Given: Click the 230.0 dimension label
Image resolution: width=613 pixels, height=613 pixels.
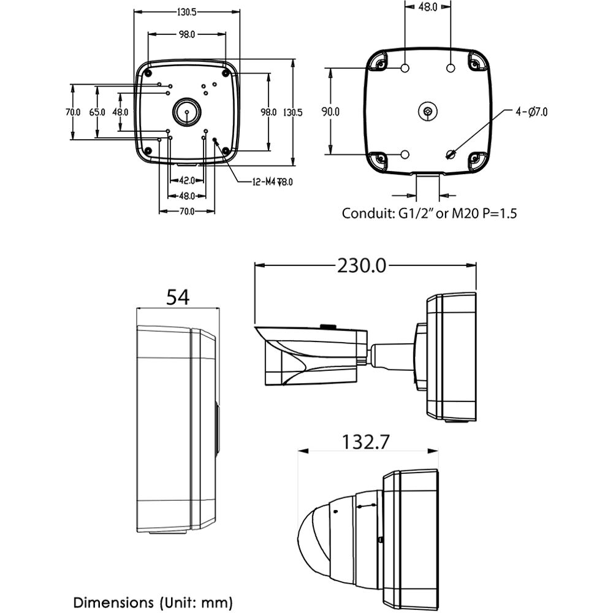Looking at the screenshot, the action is click(362, 266).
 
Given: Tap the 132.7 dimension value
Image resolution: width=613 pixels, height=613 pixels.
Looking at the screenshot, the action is click(366, 442).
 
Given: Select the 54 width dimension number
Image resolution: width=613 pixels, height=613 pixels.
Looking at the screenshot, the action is click(178, 297).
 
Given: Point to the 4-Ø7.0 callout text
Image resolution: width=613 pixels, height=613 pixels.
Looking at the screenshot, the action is click(531, 112).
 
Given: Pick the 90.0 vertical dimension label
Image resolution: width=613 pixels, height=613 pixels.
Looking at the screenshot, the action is click(331, 112).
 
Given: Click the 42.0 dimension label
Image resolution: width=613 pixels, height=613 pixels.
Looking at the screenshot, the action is click(187, 181).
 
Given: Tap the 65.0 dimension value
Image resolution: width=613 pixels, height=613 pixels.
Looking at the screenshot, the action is click(97, 112).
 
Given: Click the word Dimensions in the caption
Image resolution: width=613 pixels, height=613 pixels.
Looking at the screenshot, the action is click(113, 603).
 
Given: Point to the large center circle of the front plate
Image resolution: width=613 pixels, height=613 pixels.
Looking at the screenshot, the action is click(187, 112).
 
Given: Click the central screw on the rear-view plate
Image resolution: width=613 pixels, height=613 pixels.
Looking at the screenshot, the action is click(428, 112).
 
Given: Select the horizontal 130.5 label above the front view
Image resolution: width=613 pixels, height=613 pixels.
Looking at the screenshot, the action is click(187, 12).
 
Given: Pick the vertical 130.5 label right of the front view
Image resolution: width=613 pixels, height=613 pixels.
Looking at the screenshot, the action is click(292, 113).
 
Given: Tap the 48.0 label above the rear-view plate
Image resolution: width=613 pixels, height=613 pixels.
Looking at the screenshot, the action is click(428, 7).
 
